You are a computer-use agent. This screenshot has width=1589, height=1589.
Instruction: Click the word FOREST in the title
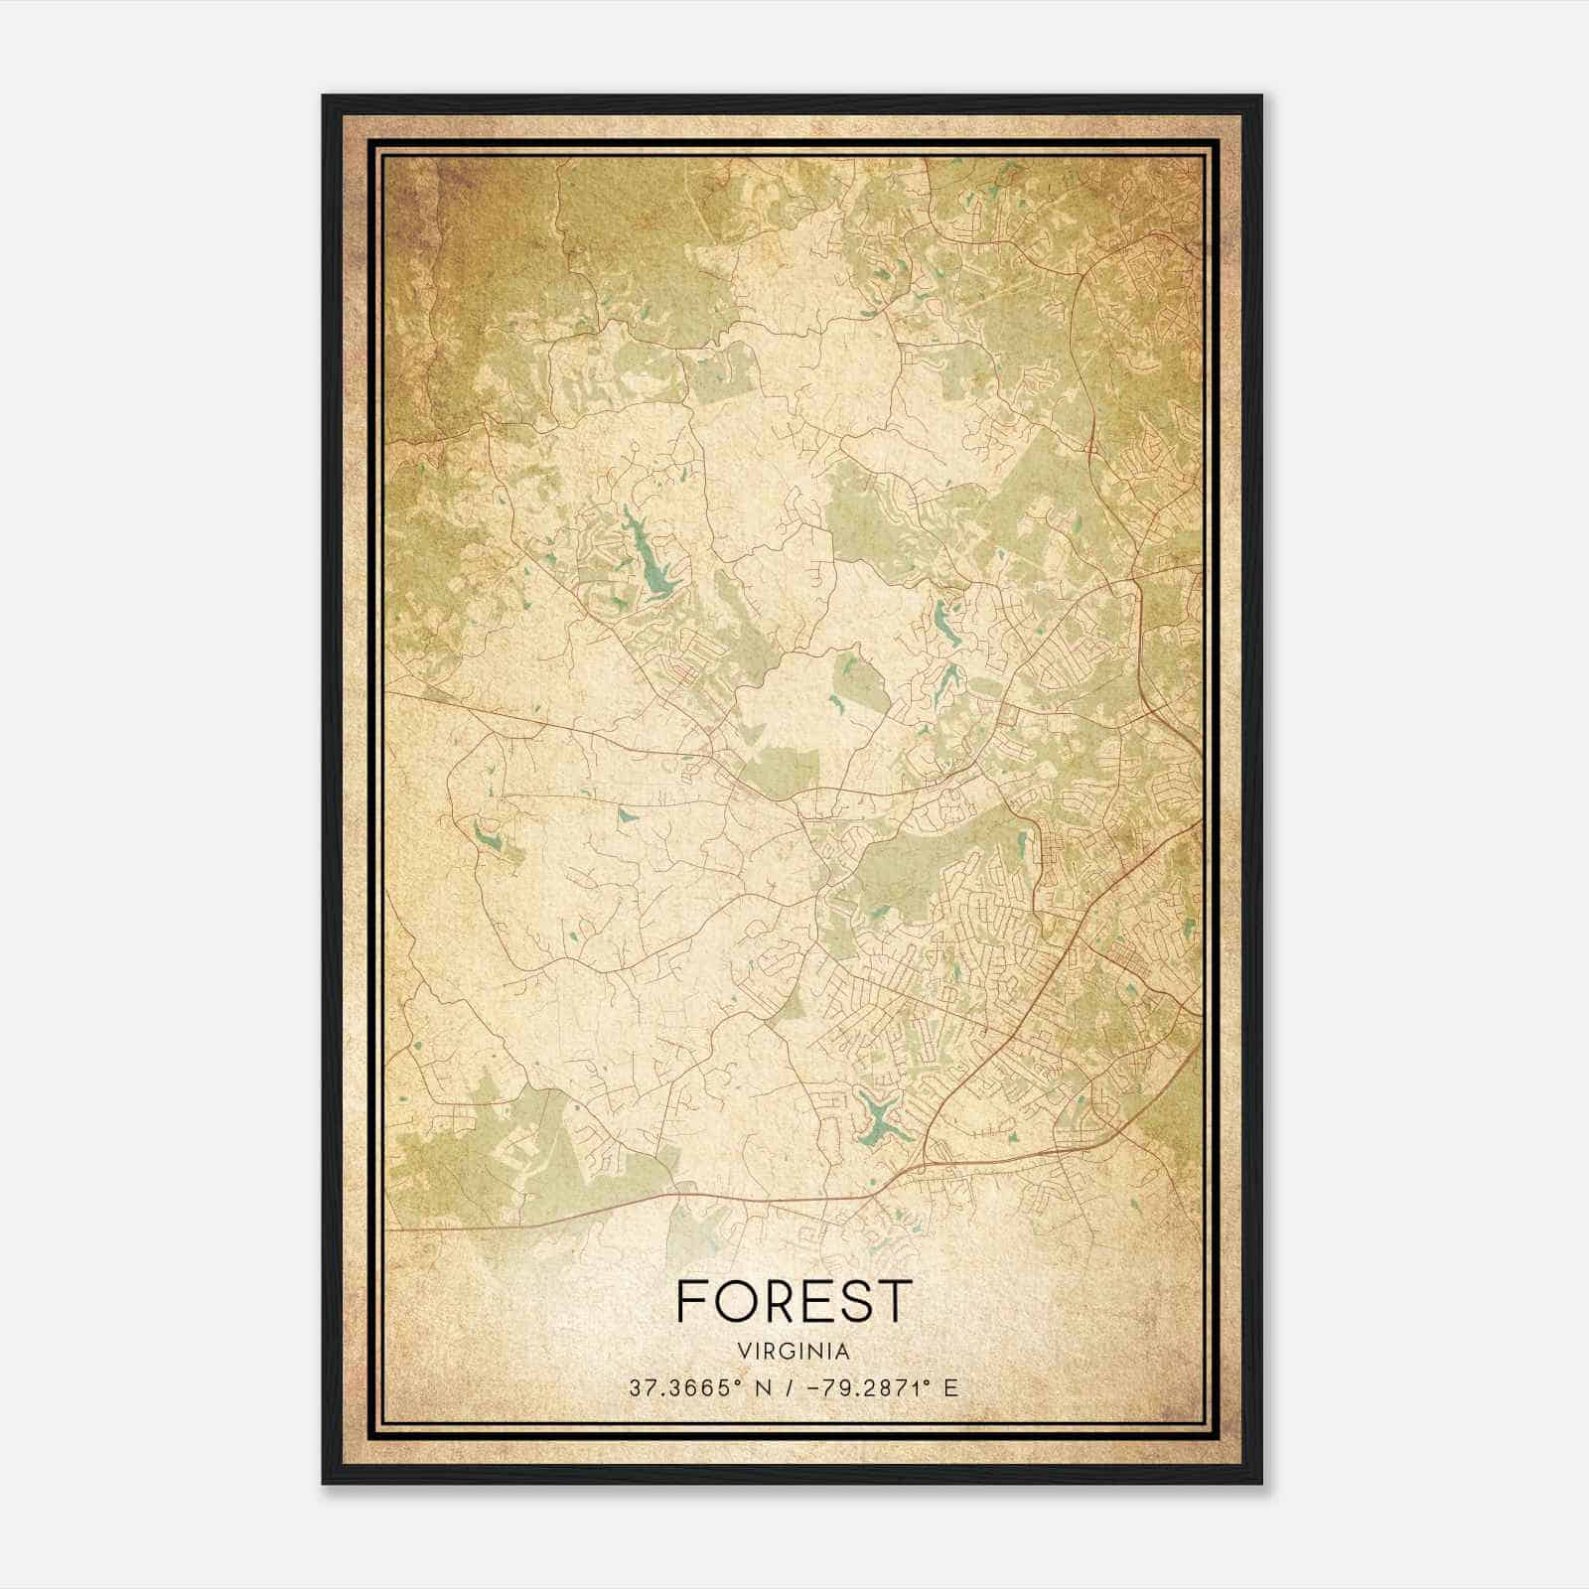(x=794, y=1300)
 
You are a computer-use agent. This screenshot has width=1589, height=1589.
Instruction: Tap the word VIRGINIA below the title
(x=794, y=1352)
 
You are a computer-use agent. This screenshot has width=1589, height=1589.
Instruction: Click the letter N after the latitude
(x=764, y=1388)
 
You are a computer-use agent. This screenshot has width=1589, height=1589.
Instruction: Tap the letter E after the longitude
(x=950, y=1388)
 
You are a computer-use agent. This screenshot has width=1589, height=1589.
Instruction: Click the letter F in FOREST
(x=693, y=1300)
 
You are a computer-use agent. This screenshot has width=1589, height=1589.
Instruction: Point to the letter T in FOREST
(x=894, y=1300)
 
